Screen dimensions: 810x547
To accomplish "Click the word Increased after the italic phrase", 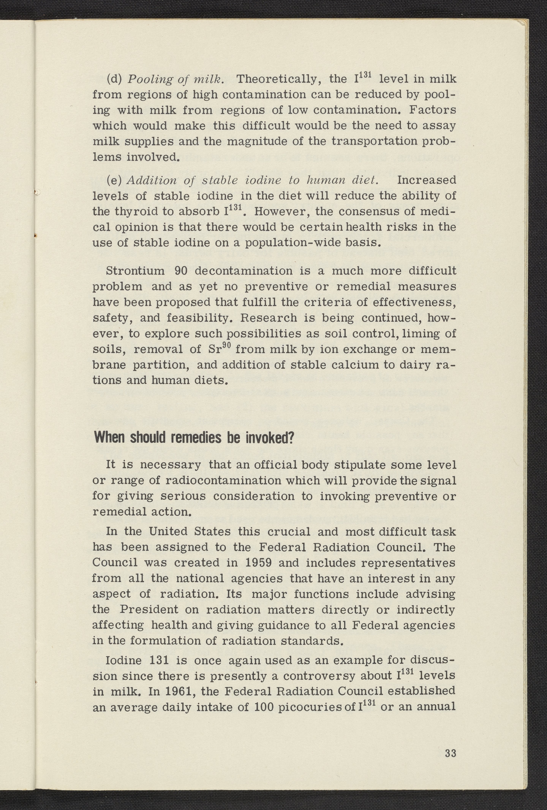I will click(x=426, y=180).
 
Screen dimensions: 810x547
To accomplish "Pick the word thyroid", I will click(x=137, y=212).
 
